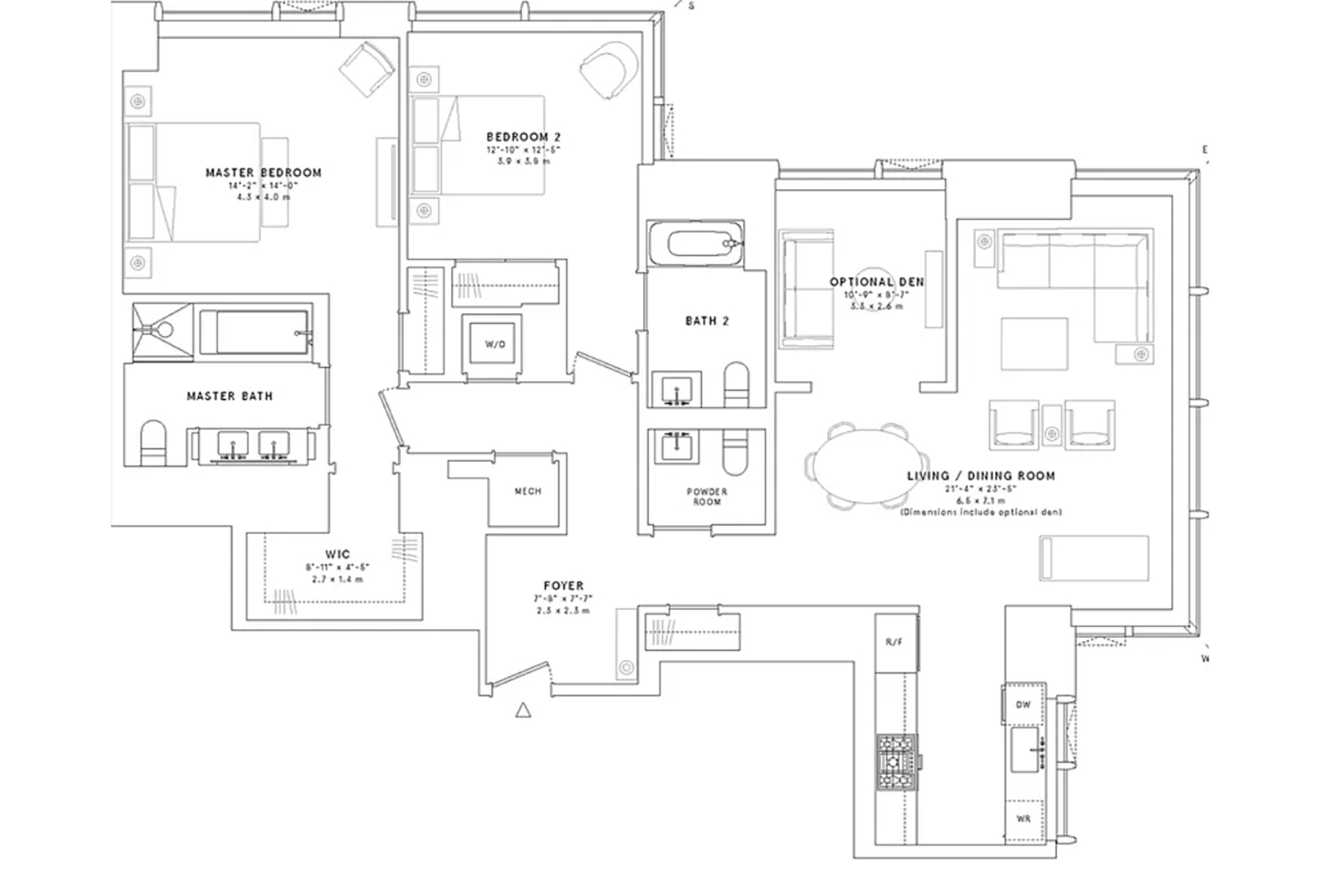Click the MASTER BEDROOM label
click(x=263, y=173)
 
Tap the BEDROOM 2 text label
click(x=524, y=137)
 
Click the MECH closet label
click(x=527, y=491)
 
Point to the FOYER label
click(x=563, y=586)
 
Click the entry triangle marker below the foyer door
click(x=523, y=710)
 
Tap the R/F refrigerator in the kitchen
click(x=893, y=642)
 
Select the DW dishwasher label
click(x=1023, y=705)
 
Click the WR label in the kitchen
click(x=1023, y=818)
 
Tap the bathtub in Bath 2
click(x=695, y=243)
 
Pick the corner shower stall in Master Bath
click(x=162, y=331)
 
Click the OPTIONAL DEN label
click(x=876, y=282)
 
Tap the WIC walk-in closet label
click(x=337, y=554)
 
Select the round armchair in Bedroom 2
click(x=609, y=68)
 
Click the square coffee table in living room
click(x=1034, y=344)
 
